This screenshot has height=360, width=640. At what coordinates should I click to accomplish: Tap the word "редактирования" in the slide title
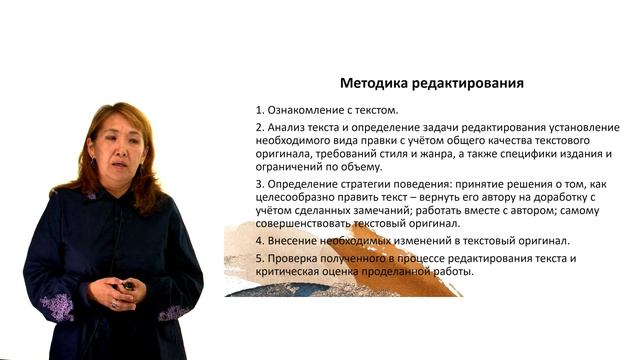pos(471,83)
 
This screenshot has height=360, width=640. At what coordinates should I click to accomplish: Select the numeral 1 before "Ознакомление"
pos(258,110)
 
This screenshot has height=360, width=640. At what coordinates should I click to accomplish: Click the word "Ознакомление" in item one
pos(304,110)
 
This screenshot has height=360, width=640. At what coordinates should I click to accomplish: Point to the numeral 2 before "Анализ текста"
pos(258,128)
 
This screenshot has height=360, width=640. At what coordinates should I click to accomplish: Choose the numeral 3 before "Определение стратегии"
pos(258,186)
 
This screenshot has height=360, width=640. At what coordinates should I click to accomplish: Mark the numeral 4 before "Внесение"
pos(258,242)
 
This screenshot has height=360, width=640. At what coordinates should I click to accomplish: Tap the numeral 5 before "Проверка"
pos(258,259)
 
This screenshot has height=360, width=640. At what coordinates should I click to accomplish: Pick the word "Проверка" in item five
pos(297,259)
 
